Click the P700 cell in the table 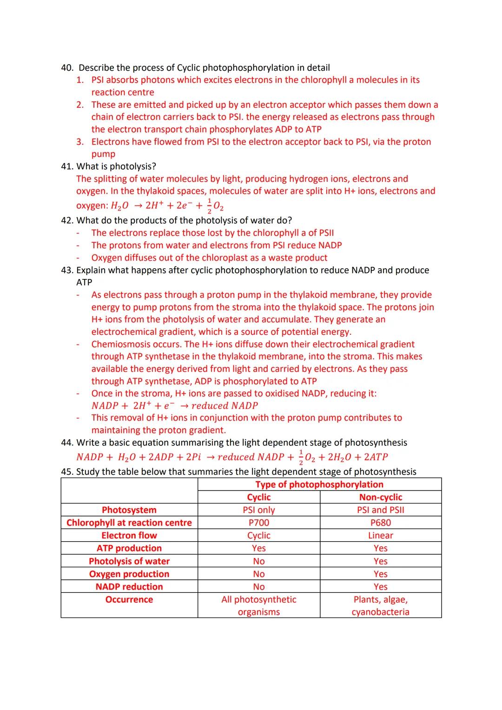click(258, 523)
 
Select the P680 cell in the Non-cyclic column click(380, 523)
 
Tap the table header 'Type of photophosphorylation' click(319, 484)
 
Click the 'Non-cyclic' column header click(380, 497)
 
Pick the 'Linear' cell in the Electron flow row click(380, 536)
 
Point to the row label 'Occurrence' click(129, 599)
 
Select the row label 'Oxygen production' click(129, 574)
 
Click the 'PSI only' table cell click(258, 510)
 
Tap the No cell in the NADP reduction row click(258, 587)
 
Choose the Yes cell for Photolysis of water click(380, 561)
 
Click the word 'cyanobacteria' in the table click(380, 612)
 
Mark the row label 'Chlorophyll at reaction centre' click(129, 523)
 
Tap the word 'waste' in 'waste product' click(280, 258)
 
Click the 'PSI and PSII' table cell click(380, 510)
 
